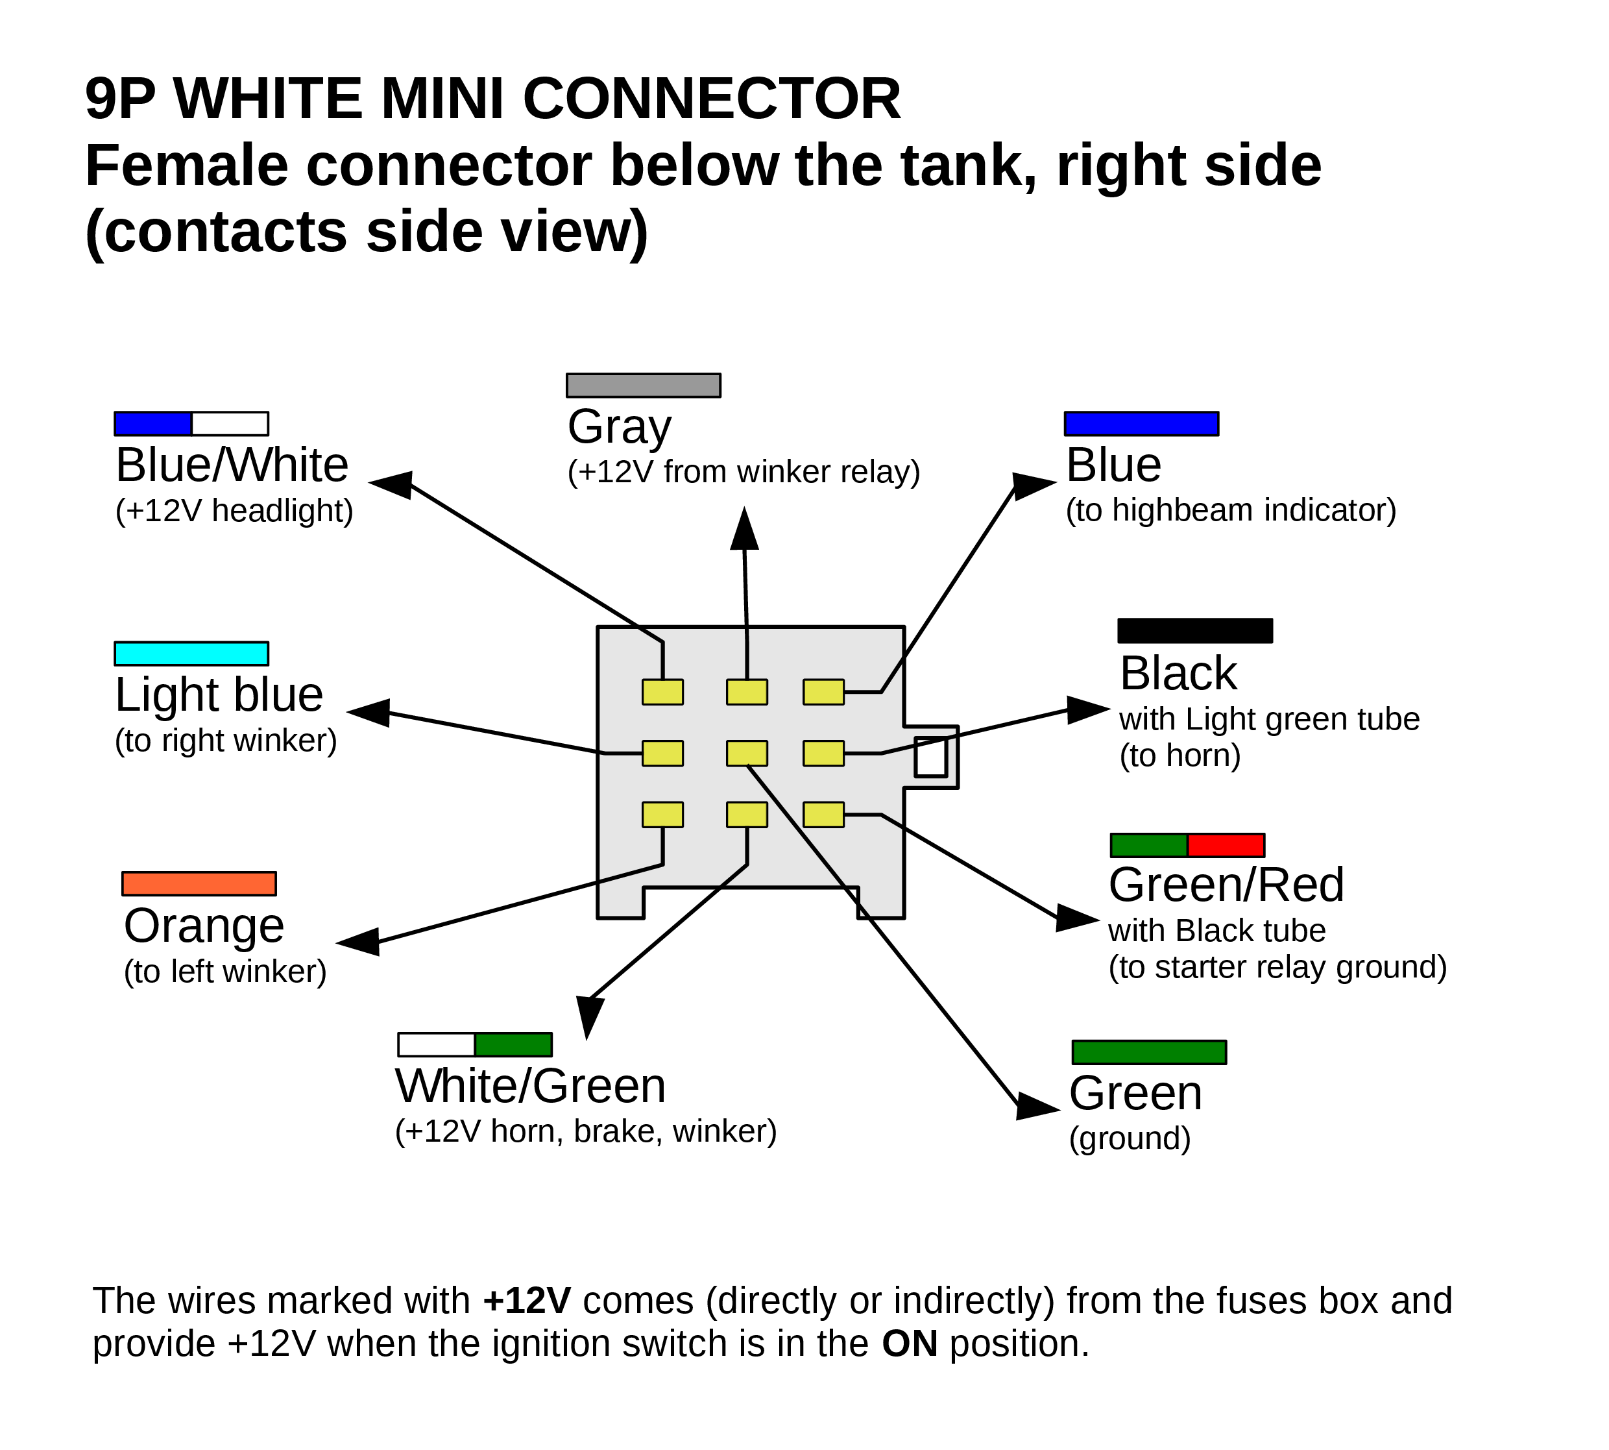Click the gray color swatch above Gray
click(643, 385)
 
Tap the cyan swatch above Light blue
click(191, 654)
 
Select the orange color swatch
click(199, 883)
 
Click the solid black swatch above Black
click(1195, 631)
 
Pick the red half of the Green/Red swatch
click(1226, 845)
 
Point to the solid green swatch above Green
click(1148, 1051)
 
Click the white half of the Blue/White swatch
click(230, 424)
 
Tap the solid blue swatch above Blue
click(1141, 424)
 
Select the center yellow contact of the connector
click(746, 753)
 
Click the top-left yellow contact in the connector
click(662, 691)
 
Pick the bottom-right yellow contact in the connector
click(823, 814)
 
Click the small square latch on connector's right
click(930, 757)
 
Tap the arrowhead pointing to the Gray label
click(745, 530)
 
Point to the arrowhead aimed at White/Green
click(590, 1015)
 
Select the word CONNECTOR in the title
click(711, 99)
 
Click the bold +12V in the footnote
click(527, 1300)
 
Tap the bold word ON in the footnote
click(909, 1344)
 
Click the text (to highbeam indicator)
click(1231, 510)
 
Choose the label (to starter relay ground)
click(1277, 966)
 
